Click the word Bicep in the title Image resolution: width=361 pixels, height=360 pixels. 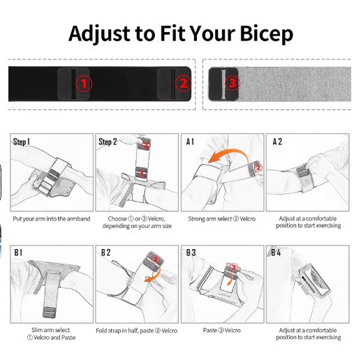pyautogui.click(x=266, y=34)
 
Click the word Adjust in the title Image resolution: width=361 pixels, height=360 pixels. pyautogui.click(x=99, y=34)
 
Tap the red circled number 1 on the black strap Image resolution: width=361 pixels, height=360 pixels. pyautogui.click(x=84, y=84)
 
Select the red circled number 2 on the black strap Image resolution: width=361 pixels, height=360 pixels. pyautogui.click(x=183, y=84)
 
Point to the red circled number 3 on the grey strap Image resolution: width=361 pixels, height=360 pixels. pyautogui.click(x=233, y=83)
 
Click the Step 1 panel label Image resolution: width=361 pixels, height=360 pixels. pyautogui.click(x=22, y=142)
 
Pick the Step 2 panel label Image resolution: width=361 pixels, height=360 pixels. pyautogui.click(x=108, y=142)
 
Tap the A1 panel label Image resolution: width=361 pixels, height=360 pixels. pyautogui.click(x=190, y=142)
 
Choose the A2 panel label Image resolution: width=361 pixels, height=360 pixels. pyautogui.click(x=277, y=142)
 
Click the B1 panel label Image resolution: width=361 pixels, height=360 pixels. pyautogui.click(x=18, y=253)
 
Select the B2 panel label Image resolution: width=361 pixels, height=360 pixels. pyautogui.click(x=105, y=253)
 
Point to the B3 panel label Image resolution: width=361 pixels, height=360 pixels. pyautogui.click(x=191, y=253)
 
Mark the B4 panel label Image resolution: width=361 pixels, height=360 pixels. pyautogui.click(x=276, y=253)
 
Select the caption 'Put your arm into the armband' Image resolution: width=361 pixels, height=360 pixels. pyautogui.click(x=52, y=219)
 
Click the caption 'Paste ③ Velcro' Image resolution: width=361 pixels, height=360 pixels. pyautogui.click(x=222, y=330)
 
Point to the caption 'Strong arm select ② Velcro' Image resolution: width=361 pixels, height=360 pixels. pyautogui.click(x=222, y=219)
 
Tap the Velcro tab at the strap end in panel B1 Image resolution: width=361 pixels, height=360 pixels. pyautogui.click(x=50, y=313)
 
